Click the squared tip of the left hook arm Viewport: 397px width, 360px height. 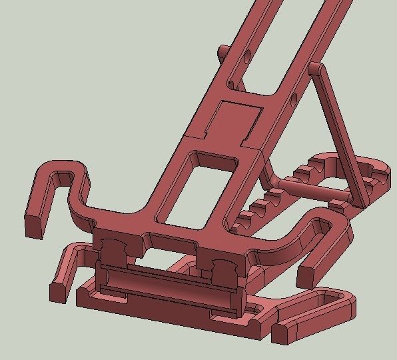click(35, 226)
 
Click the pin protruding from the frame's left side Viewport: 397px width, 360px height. click(224, 51)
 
